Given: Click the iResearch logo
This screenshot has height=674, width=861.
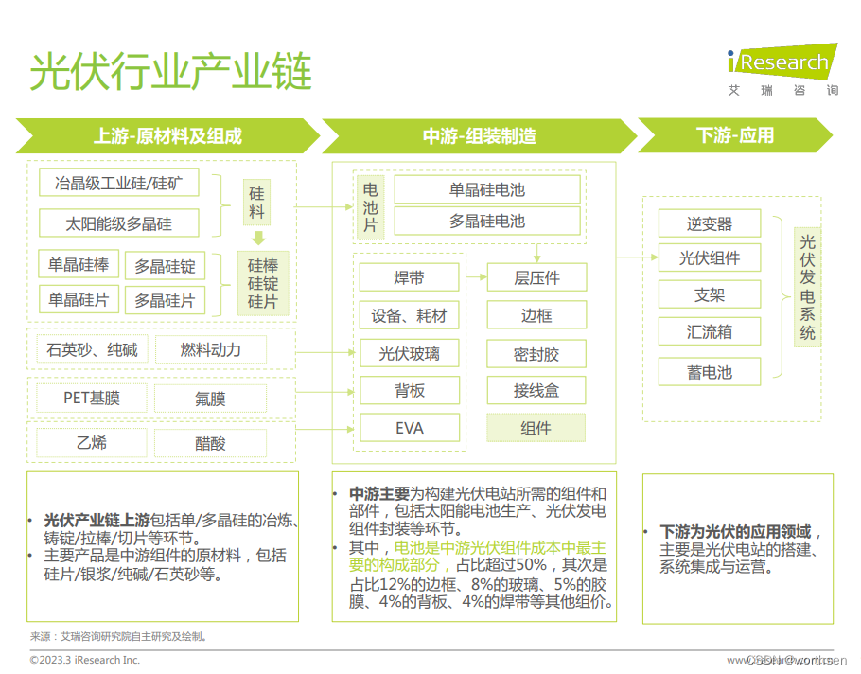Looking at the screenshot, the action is [x=782, y=64].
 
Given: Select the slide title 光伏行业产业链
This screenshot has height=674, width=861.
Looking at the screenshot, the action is [x=170, y=71].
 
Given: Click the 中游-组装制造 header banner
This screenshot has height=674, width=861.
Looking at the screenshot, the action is [x=478, y=135].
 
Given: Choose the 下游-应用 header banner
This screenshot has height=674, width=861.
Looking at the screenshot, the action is [x=734, y=135].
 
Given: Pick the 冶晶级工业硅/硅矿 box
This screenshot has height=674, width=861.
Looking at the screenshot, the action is [x=119, y=183].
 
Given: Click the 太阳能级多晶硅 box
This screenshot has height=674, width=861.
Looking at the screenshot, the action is [x=119, y=224].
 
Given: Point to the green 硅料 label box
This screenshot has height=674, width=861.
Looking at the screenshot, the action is [x=257, y=203].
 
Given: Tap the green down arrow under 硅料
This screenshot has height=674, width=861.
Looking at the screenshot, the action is [x=257, y=239].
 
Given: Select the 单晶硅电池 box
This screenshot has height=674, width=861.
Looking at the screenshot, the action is [x=486, y=189].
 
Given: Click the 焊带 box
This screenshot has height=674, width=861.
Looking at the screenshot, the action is [x=409, y=277].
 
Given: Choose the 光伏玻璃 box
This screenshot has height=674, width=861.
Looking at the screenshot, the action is [x=409, y=354].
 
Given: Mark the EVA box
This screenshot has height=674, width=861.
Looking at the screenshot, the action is [x=409, y=428].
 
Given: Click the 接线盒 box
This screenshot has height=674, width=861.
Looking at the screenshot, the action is [x=536, y=390].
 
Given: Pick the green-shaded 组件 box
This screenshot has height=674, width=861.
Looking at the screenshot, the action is [x=536, y=428].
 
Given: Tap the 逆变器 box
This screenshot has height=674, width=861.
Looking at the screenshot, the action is [x=710, y=224].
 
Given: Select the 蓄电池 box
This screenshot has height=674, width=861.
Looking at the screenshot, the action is [x=710, y=372].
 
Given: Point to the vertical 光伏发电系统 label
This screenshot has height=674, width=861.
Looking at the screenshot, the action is [x=807, y=289].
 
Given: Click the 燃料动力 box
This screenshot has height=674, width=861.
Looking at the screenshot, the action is [x=211, y=350].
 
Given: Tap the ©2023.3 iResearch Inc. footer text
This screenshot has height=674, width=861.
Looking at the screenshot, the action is [x=85, y=660].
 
